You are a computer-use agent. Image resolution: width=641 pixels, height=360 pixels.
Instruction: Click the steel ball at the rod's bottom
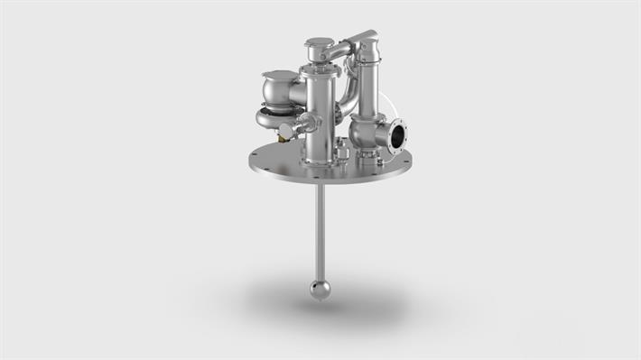coord(320,289)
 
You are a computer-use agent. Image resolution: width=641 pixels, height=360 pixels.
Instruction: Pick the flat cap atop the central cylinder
coord(319,42)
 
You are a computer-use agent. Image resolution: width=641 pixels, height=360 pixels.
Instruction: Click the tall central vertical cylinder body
coord(319,113)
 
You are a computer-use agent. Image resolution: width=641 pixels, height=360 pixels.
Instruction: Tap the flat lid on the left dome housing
coord(279,75)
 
